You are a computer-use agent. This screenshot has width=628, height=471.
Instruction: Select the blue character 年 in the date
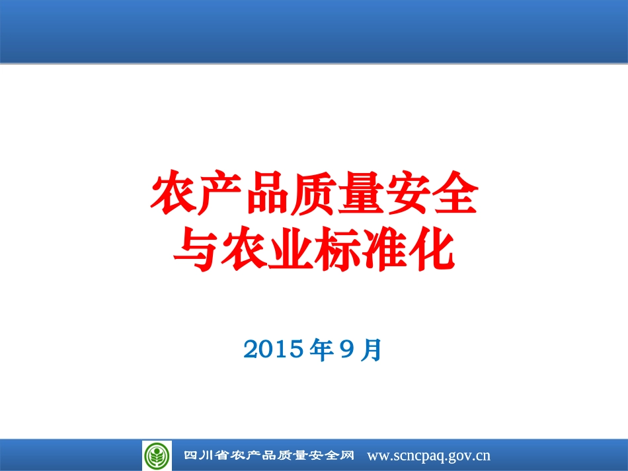point(321,349)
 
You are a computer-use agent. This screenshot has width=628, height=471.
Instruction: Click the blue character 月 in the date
point(372,349)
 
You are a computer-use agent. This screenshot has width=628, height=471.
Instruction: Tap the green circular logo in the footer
point(157,455)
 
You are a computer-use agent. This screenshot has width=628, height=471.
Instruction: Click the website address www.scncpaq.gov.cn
point(428,455)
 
